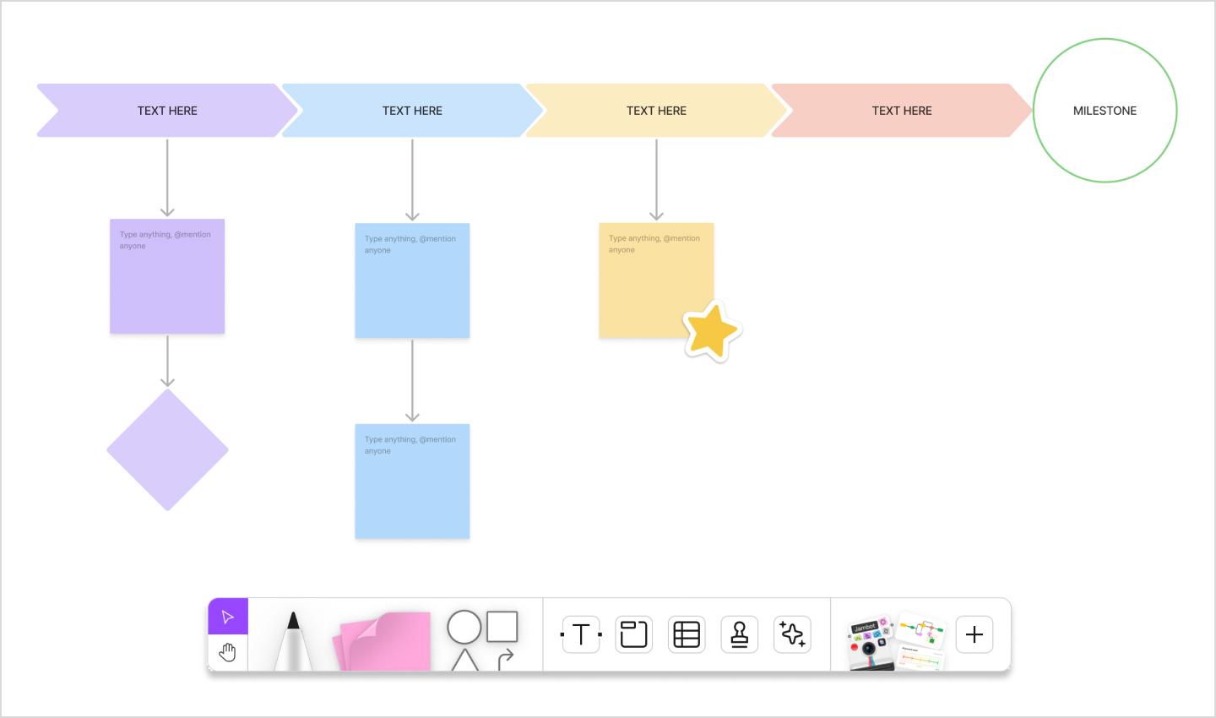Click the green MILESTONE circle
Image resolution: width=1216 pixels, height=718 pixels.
click(1105, 111)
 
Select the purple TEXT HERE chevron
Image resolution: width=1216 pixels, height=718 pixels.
click(167, 111)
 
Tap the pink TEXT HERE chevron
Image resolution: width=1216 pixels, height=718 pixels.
click(902, 111)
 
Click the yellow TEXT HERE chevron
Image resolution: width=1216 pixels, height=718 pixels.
click(656, 111)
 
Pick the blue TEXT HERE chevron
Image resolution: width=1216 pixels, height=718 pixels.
click(412, 111)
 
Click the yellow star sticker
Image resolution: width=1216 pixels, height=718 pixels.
click(711, 331)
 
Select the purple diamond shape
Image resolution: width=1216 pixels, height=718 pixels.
click(167, 449)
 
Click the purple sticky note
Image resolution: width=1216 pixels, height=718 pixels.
click(167, 283)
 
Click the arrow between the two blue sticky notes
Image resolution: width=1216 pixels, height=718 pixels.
click(412, 380)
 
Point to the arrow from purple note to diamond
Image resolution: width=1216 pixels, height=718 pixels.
click(167, 361)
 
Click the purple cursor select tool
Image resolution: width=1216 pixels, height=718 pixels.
click(228, 617)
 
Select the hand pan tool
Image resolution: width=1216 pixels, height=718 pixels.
click(228, 652)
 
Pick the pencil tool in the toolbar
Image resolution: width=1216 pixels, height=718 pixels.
click(293, 642)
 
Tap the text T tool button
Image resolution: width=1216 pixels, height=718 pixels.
click(581, 634)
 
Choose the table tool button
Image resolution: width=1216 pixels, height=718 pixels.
click(687, 634)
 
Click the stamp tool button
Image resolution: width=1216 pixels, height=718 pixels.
click(740, 634)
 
